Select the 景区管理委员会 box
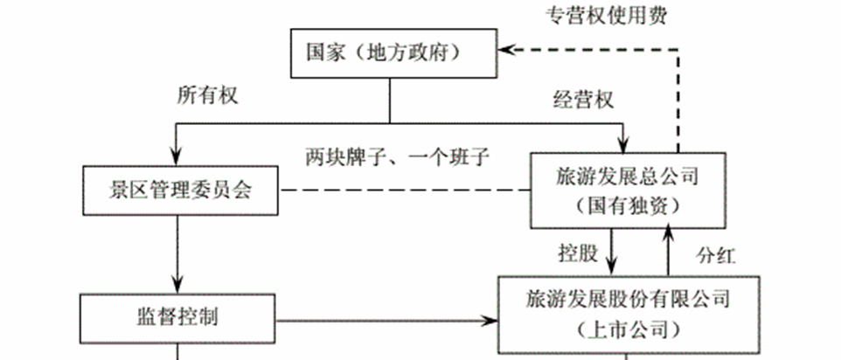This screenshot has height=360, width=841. tap(182, 190)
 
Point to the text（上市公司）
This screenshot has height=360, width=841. tap(627, 329)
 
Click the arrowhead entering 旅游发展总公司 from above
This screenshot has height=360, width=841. tap(622, 143)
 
